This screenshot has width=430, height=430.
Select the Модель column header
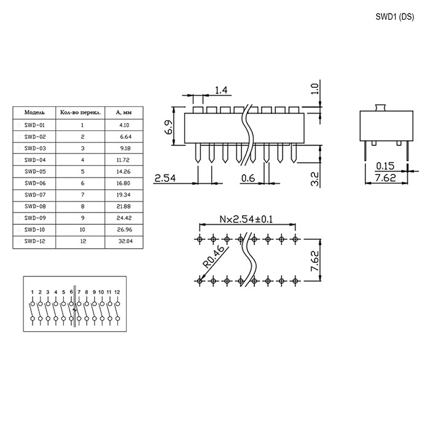click(34, 113)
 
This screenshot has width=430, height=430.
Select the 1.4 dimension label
click(221, 90)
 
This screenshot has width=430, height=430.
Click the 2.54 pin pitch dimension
click(165, 178)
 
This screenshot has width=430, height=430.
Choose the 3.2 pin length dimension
click(315, 178)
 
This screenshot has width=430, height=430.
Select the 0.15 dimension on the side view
click(385, 166)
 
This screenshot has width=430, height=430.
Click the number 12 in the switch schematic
click(116, 292)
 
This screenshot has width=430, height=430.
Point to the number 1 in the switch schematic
click(31, 292)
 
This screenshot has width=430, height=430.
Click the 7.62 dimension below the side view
click(385, 178)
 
